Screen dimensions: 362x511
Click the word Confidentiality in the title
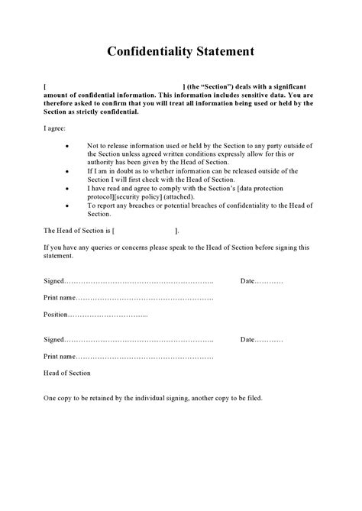click(144, 51)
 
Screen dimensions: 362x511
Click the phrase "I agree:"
click(55, 129)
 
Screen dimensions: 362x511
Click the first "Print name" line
click(145, 297)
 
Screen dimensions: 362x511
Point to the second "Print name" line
click(145, 356)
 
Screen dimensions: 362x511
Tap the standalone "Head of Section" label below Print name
click(67, 373)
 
